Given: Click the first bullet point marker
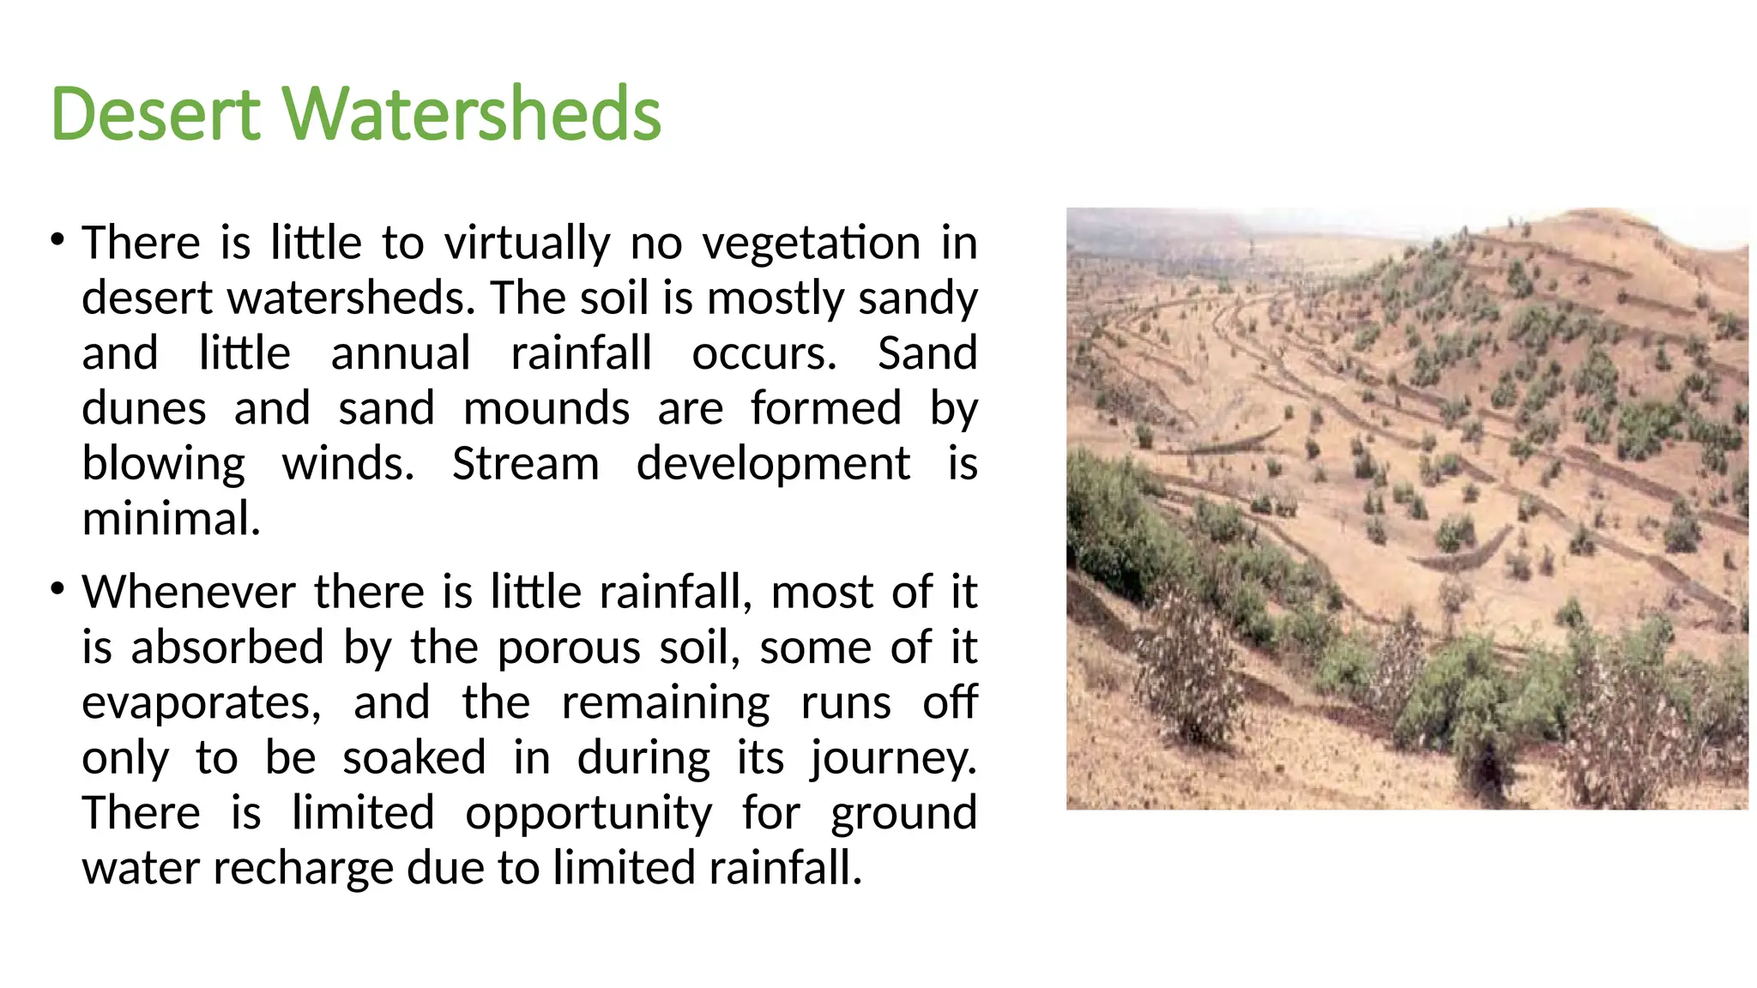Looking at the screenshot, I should click(x=57, y=239).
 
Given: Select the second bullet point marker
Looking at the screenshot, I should click(x=57, y=589).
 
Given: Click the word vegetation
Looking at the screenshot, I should click(x=812, y=243).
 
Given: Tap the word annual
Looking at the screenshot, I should click(x=401, y=353).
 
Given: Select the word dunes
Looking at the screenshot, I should click(x=144, y=408).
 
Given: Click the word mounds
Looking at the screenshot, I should click(x=546, y=408).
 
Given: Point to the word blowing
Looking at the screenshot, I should click(x=164, y=464).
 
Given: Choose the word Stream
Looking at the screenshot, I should click(x=525, y=464).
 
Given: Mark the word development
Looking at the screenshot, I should click(x=773, y=464).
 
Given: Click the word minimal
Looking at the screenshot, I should click(x=171, y=519).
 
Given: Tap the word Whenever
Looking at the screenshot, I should click(x=190, y=592).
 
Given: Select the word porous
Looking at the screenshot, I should click(x=569, y=648).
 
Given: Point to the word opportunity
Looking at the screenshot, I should click(x=589, y=813).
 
